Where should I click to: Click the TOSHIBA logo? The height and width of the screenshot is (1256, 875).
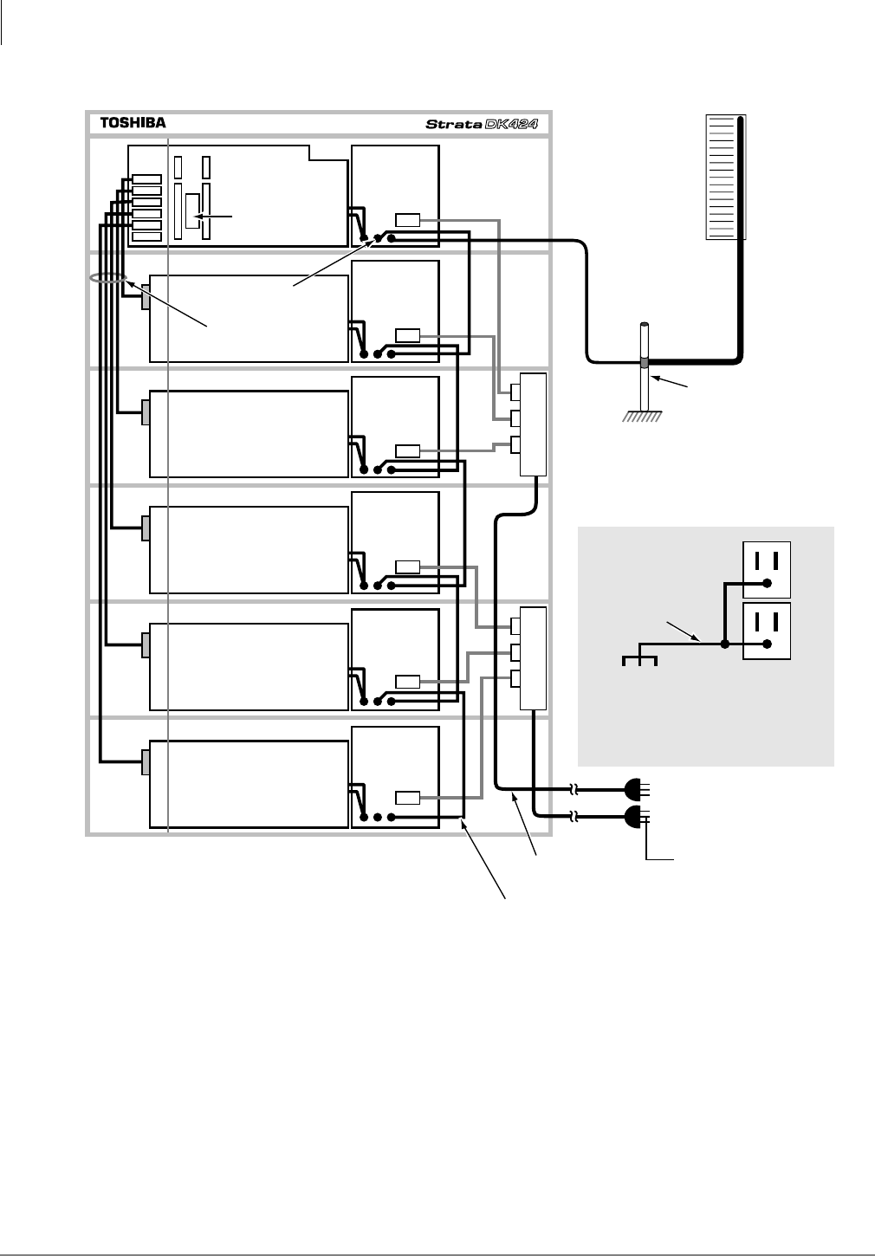point(133,123)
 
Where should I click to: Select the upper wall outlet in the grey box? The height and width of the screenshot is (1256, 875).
point(767,570)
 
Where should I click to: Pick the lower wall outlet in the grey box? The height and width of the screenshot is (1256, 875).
point(767,631)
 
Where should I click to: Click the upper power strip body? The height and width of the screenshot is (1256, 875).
point(533,424)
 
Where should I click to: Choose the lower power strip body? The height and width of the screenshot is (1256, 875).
point(533,658)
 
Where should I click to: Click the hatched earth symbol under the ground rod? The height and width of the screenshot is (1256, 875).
point(643,417)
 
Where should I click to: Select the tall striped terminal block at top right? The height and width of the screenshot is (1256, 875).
point(726,177)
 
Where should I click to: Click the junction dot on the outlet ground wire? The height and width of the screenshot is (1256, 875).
point(725,644)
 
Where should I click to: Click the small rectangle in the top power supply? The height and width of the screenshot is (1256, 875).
point(407,220)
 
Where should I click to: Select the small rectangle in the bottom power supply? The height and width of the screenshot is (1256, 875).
point(407,798)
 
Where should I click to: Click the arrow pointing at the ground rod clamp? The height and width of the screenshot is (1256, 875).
point(671,383)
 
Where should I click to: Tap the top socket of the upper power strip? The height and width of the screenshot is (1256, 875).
point(515,392)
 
